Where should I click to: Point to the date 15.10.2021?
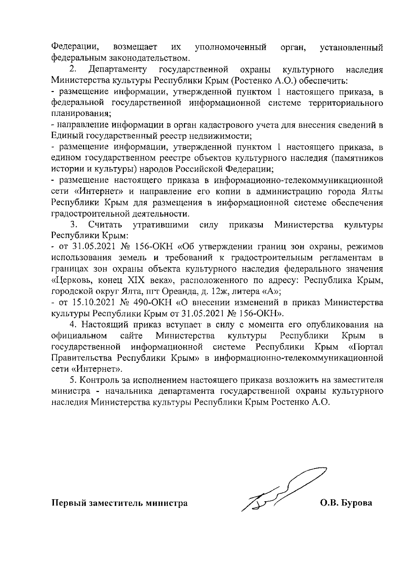[x=92, y=303]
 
